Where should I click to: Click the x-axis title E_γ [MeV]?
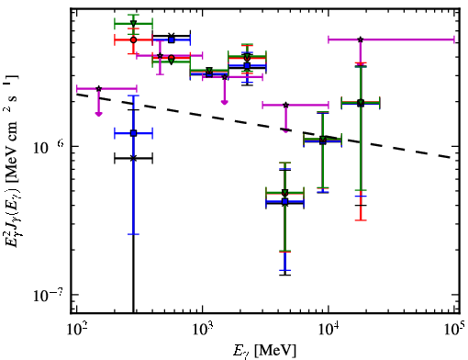tap(264, 351)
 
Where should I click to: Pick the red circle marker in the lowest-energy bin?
tap(133, 39)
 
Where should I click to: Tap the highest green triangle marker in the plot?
tap(133, 23)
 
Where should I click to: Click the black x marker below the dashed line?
tap(133, 158)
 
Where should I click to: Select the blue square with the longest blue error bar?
tap(133, 133)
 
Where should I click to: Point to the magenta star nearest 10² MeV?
tap(98, 89)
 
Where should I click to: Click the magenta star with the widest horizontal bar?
tap(361, 39)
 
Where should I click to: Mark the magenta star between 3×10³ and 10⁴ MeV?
tap(285, 105)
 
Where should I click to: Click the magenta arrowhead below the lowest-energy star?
tap(98, 114)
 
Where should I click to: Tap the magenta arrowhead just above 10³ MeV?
tap(225, 102)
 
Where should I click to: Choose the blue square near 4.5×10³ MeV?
tap(285, 201)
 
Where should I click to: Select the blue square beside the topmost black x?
tap(172, 39)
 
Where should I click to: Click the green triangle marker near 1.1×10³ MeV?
tap(209, 71)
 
